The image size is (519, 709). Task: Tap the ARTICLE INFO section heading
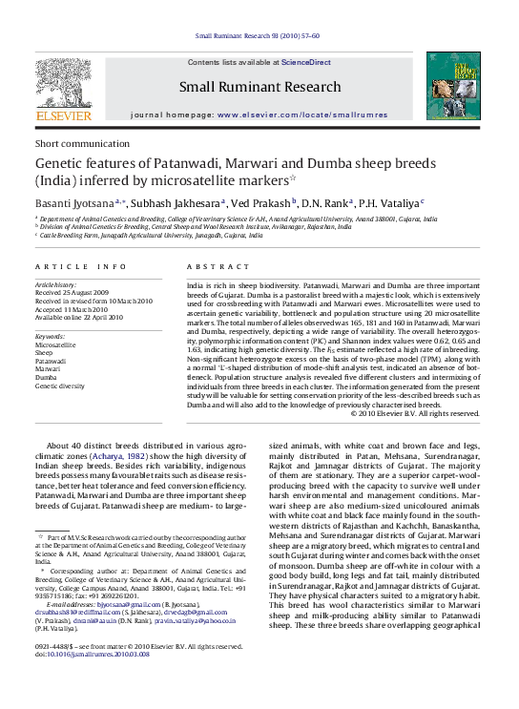73,266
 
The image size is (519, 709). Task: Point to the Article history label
58,284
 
